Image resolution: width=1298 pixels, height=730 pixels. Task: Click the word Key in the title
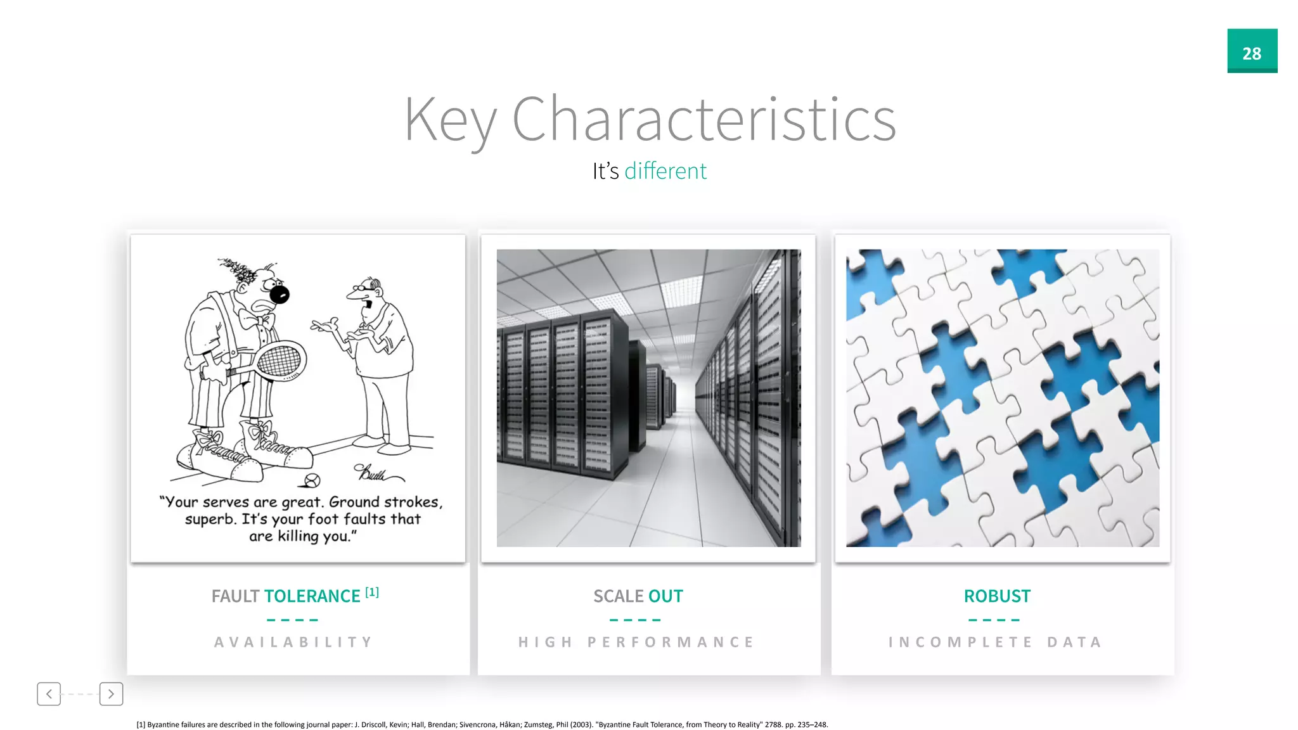tap(449, 120)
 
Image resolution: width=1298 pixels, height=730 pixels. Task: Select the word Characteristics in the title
tap(704, 120)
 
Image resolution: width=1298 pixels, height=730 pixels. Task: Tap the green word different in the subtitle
tap(665, 171)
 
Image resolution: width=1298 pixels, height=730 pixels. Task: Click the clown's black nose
tap(280, 294)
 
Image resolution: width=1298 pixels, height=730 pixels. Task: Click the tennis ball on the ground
tap(312, 480)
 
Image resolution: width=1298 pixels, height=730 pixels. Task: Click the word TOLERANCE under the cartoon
tap(312, 596)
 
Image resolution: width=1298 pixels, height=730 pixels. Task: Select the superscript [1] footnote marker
tap(372, 592)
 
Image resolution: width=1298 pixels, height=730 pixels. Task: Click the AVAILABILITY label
tap(293, 642)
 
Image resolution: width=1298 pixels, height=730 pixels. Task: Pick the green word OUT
tap(665, 596)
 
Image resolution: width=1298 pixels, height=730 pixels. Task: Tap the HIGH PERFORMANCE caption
tap(636, 642)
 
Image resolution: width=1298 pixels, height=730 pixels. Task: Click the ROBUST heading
tap(997, 596)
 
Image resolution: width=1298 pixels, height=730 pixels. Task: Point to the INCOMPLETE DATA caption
tap(995, 642)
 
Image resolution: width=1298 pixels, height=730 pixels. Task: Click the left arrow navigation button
tap(49, 694)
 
